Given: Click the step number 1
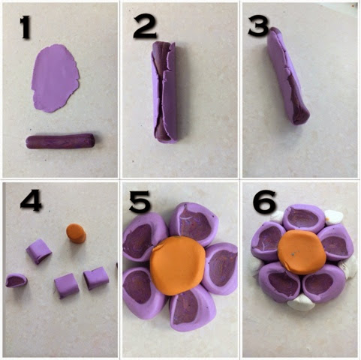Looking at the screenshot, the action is pos(26,27).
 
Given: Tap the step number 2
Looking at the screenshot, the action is pos(145,27).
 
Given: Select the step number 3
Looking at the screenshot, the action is pos(259,27).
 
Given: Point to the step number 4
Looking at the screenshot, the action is pos(31,200).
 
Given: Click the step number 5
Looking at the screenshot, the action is pos(140,202).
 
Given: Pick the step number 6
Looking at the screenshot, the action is pos(264,201).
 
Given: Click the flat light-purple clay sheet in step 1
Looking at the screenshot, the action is pos(56,78).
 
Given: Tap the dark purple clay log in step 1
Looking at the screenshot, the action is pos(60,141).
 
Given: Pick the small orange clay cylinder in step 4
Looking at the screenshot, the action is pos(76,233).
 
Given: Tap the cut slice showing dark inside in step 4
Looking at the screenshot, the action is pos(17,280).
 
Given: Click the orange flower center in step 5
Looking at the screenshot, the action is pos(177,265).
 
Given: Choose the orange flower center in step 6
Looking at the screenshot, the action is pos(302,252).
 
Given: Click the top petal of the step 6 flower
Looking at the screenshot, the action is pos(304,218).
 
